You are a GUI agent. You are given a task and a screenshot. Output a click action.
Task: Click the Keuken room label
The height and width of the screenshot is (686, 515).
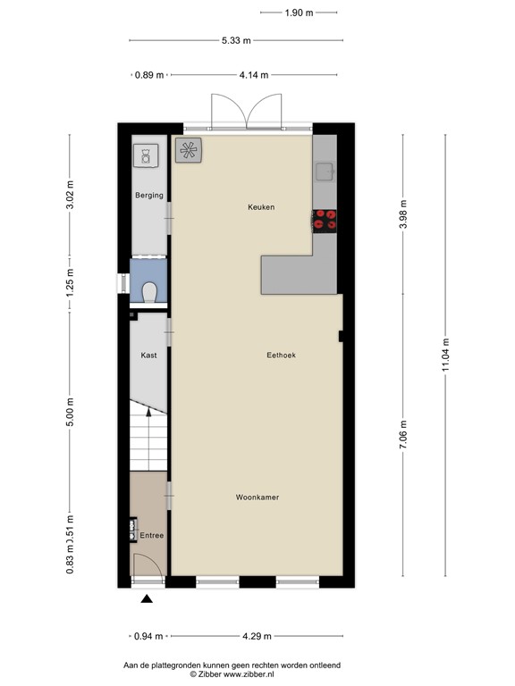coord(261,207)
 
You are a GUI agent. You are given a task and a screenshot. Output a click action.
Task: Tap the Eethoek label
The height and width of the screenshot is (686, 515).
coord(281,356)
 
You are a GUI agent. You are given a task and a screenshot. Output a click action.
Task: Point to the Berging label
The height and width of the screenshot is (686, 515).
coord(148,196)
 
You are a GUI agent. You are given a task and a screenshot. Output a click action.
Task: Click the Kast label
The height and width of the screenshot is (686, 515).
coord(148,356)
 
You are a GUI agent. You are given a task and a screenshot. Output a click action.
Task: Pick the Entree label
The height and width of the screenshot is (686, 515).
coord(151,536)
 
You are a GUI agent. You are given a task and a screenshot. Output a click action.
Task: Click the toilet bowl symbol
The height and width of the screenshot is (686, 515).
coord(149,292)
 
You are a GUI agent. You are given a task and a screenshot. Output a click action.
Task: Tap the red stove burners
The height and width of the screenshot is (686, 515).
coord(325,219)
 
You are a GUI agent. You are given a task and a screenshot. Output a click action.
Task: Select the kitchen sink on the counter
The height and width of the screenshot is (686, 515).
coord(324,171)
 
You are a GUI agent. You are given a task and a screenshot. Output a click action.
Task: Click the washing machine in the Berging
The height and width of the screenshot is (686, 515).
coord(144,155)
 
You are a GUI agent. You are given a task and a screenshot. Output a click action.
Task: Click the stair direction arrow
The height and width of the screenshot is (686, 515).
coord(148,416)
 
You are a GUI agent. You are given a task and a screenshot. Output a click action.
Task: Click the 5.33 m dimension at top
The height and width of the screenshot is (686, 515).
coord(236,40)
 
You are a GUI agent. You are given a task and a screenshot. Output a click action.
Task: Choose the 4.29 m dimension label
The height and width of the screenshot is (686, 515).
coord(257,637)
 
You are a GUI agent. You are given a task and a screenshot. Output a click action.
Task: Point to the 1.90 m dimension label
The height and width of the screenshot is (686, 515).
coord(299,13)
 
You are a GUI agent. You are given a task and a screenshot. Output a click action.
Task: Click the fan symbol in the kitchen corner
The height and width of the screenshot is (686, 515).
coord(189,151)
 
